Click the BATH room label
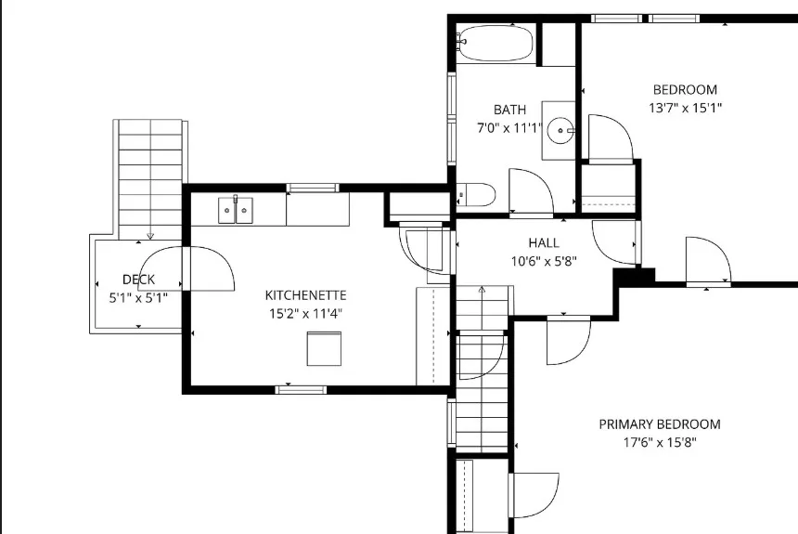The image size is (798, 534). pos(509,110)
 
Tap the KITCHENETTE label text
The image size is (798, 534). pos(305,295)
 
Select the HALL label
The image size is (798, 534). pos(544,243)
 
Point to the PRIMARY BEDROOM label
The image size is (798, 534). pos(660,424)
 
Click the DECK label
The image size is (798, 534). pos(139,280)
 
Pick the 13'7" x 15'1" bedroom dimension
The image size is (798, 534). pos(685,108)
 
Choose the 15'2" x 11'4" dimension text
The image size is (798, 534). pos(305,313)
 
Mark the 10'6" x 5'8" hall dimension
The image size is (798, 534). pos(544,261)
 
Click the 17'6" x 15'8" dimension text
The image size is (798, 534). pos(660,442)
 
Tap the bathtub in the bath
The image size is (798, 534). pos(495,44)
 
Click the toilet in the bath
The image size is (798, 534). pos(476,195)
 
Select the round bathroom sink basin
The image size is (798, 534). pos(560,131)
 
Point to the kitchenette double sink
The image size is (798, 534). pos(236,210)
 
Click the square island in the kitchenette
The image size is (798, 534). pos(324,348)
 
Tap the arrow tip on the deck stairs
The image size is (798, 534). pos(150,238)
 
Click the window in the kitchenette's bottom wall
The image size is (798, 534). pos(301,390)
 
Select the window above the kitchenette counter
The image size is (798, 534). pos(313,188)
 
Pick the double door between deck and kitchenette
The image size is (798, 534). pos(187,268)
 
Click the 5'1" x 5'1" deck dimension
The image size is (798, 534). pos(138,298)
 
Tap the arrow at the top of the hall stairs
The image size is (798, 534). pos(482,290)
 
